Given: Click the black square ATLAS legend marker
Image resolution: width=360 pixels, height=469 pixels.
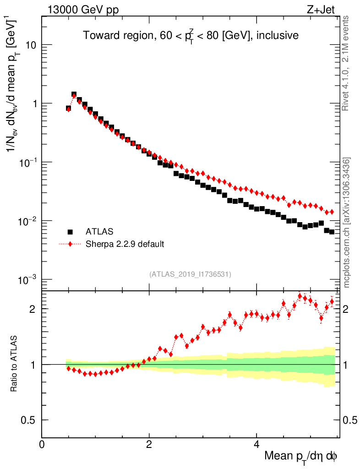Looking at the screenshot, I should tap(70, 232).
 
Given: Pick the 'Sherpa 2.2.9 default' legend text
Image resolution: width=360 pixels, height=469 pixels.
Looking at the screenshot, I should tap(125, 244).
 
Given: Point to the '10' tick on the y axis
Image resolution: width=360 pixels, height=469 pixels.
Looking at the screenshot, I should tap(31, 45).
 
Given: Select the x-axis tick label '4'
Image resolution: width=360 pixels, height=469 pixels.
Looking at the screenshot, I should tap(256, 445).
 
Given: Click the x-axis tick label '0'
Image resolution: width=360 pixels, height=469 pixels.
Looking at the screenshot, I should tap(42, 445).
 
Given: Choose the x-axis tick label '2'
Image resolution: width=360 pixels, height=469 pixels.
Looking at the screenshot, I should tap(149, 445).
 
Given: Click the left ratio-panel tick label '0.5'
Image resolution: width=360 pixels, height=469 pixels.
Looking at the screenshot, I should tap(28, 420).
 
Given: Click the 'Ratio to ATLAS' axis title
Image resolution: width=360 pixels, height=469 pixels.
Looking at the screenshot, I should tap(14, 365).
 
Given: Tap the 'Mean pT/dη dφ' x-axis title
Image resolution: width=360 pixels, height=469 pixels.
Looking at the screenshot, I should tap(301, 457).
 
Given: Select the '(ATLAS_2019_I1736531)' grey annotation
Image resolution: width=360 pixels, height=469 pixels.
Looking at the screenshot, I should tap(190, 274).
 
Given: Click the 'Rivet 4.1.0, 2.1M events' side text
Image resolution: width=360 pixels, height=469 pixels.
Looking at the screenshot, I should tap(346, 63).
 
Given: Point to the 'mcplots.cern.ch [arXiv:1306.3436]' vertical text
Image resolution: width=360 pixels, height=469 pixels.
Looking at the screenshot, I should tap(347, 223).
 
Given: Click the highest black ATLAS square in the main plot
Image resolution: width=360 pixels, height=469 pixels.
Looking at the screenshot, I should tap(74, 94).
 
